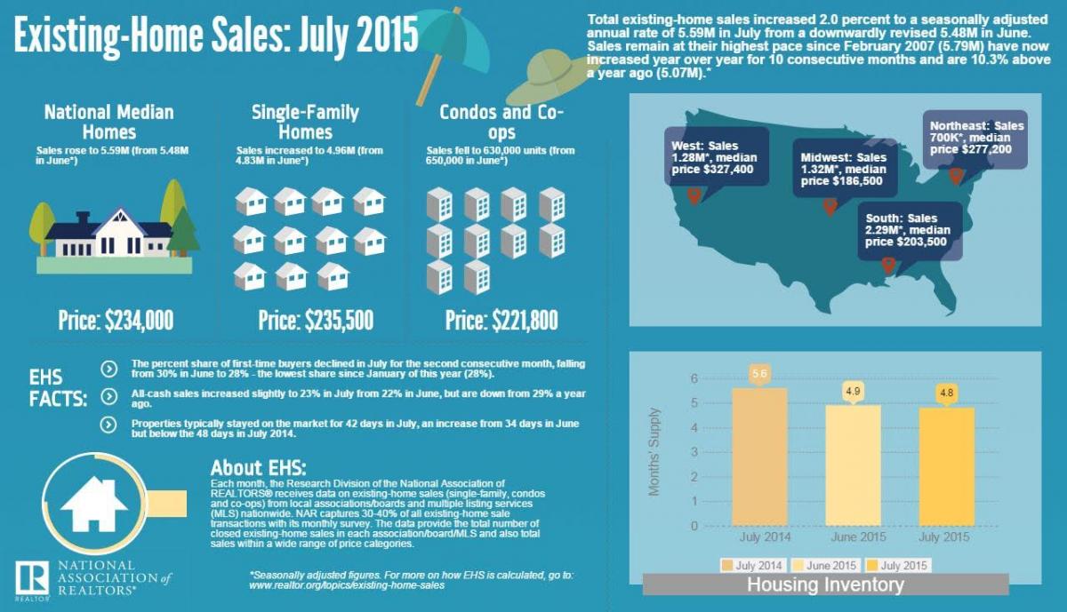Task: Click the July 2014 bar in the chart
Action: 759,457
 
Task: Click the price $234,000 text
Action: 116,320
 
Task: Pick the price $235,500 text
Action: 316,320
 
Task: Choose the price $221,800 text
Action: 503,320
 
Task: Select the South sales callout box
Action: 909,230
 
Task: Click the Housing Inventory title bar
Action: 824,584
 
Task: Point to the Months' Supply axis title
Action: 654,451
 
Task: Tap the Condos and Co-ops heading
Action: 501,122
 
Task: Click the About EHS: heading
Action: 258,467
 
